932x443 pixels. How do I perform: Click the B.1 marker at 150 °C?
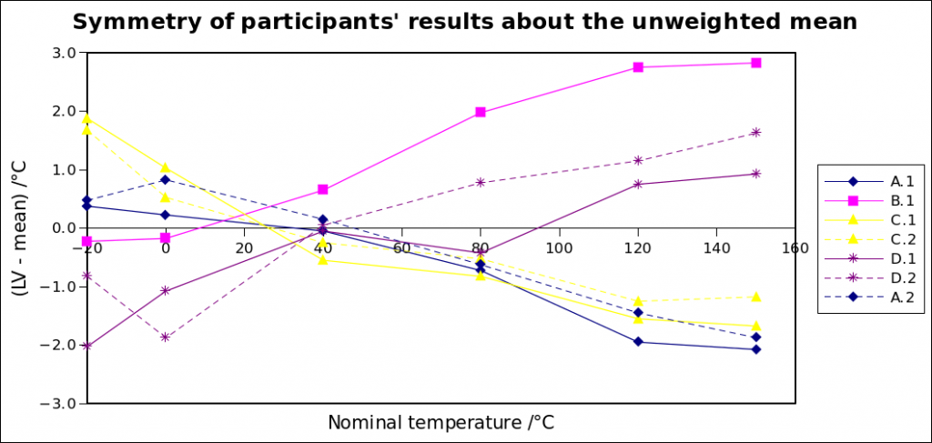[756, 63]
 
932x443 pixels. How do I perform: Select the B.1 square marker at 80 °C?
[481, 112]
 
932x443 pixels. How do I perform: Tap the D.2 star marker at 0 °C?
[165, 337]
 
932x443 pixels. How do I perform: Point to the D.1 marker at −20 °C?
[86, 346]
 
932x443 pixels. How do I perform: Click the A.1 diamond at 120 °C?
[638, 341]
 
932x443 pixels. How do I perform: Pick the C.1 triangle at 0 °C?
[165, 167]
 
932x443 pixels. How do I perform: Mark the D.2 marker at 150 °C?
[756, 133]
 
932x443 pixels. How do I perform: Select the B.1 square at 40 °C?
[323, 190]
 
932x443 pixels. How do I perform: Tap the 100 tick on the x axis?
[559, 248]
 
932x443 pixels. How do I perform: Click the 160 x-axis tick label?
[795, 248]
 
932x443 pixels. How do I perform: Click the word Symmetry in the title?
[133, 22]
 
